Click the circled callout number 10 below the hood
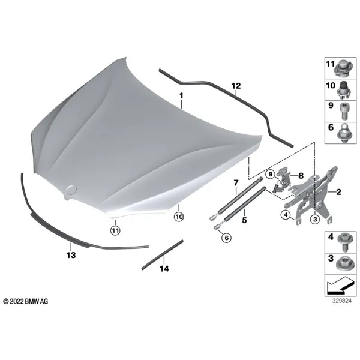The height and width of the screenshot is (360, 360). coord(179,217)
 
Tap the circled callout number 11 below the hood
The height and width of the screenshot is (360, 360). coord(115,230)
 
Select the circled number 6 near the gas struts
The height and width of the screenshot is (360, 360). coord(227,238)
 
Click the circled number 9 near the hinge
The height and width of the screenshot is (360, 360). coord(271,174)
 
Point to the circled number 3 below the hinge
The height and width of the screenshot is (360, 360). coord(315,219)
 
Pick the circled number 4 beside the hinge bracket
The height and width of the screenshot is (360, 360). coord(286,215)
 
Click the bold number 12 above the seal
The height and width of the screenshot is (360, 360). coord(236,86)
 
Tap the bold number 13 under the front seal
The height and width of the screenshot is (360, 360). coord(71,255)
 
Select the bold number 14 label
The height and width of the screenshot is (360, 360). coord(164,268)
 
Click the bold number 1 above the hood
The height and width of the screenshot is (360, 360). coord(181,95)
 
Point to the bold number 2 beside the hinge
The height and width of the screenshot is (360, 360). coord(338,192)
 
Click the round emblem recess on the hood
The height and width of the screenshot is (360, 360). coord(71,190)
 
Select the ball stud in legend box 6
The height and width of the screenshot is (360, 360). coord(343,133)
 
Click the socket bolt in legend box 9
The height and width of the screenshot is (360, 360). coord(343,111)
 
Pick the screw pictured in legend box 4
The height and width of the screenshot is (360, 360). coord(343,241)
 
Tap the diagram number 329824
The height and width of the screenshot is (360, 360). coord(341,301)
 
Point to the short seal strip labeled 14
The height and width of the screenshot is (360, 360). coord(163,254)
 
